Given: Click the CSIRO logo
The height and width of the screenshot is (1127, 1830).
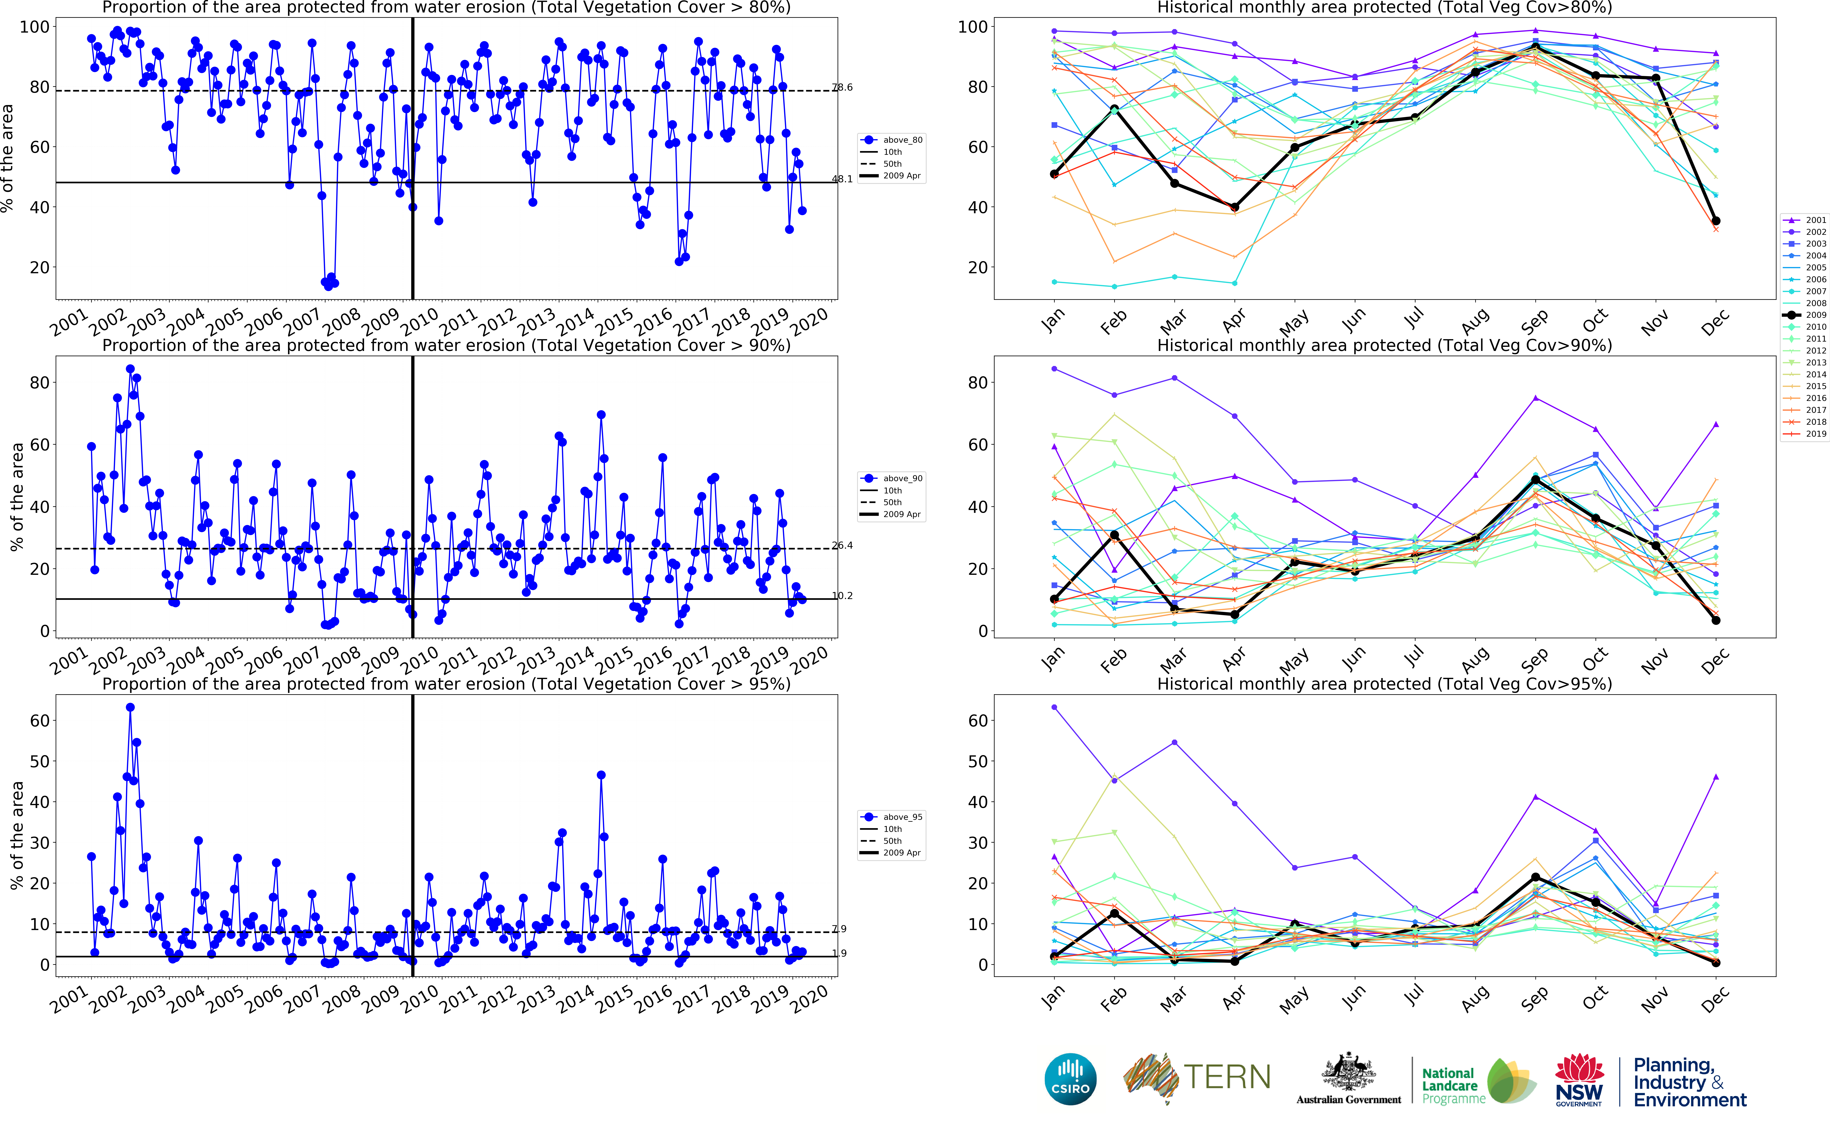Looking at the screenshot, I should [1071, 1079].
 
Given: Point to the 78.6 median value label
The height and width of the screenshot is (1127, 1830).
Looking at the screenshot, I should [842, 87].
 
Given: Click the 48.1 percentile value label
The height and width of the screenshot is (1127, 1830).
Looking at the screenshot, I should [842, 179].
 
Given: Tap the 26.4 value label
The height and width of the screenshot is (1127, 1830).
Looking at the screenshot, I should [842, 546].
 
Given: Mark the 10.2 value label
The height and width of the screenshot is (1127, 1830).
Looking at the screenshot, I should [842, 596].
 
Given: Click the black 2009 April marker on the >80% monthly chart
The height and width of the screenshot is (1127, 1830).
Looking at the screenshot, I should [1234, 207].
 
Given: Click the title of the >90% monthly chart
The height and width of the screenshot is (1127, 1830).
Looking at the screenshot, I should [1384, 345].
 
